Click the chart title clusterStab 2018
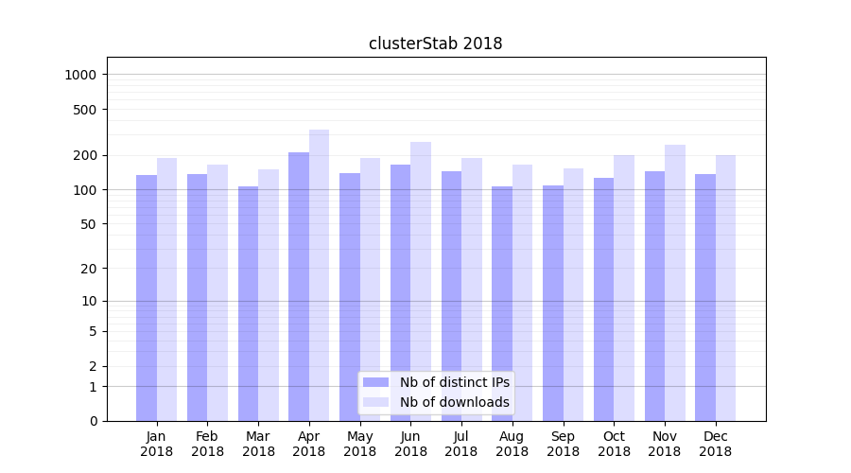click(435, 44)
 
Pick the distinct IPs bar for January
click(147, 298)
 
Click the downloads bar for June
click(421, 281)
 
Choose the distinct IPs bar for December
click(705, 297)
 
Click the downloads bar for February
click(217, 292)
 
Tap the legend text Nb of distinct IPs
click(454, 382)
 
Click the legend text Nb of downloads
click(454, 402)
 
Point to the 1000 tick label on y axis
click(81, 75)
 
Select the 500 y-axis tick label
click(85, 110)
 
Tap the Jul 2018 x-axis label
click(461, 444)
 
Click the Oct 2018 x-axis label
click(614, 444)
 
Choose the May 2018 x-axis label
click(359, 444)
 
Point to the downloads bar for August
click(522, 292)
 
